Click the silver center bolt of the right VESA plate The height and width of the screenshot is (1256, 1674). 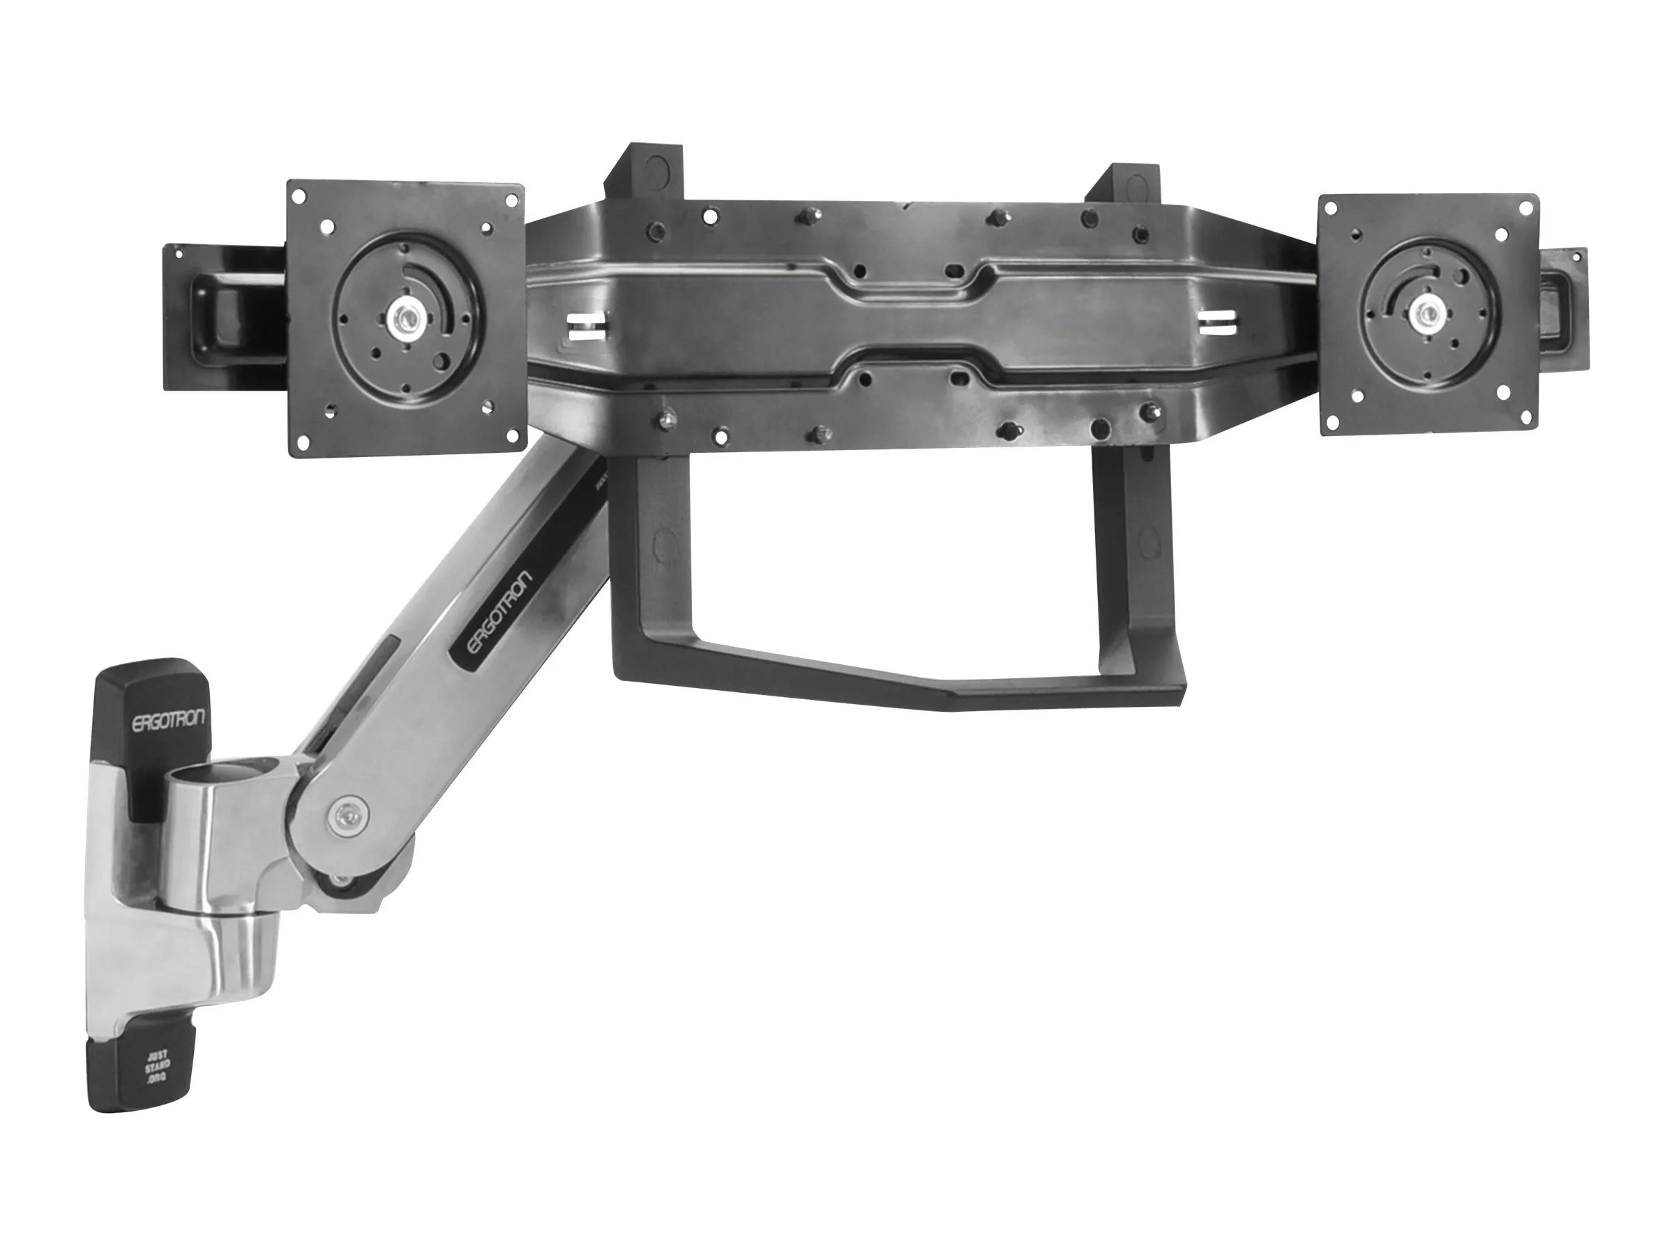click(1426, 309)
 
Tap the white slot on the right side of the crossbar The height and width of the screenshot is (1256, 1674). click(1219, 322)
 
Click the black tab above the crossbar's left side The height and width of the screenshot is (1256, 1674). click(644, 172)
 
